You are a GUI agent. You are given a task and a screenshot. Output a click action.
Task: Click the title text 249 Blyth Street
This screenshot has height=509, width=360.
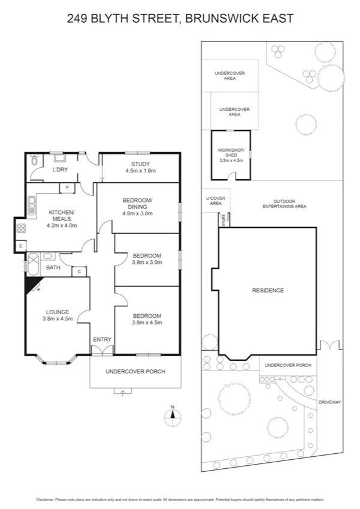(180, 19)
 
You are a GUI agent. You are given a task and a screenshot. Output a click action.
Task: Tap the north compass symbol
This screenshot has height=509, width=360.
(173, 416)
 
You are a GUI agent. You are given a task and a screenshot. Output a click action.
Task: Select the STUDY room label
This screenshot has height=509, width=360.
(140, 164)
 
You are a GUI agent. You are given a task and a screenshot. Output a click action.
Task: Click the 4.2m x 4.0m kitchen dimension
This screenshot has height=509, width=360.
(62, 225)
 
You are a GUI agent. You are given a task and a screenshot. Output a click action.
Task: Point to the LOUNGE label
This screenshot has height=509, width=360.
(58, 311)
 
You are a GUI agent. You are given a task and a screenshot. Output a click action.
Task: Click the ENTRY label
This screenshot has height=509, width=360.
(102, 340)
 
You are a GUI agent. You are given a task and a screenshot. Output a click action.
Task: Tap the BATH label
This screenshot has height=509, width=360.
(53, 267)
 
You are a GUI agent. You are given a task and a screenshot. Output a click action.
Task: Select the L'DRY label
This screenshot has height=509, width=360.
(60, 170)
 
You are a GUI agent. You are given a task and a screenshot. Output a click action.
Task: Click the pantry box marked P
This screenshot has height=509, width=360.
(67, 188)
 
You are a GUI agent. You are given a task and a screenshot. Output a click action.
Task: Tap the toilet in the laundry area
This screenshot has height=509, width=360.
(34, 161)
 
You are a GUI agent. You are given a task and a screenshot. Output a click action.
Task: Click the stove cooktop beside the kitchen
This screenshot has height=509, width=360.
(20, 228)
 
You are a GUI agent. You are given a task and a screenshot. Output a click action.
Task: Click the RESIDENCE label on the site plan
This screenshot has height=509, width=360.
(267, 290)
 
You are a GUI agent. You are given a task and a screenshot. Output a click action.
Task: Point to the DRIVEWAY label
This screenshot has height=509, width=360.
(329, 402)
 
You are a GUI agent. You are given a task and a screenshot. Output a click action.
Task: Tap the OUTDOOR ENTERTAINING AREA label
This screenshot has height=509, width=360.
(285, 203)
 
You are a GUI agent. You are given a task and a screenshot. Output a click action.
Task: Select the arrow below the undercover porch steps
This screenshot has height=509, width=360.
(123, 392)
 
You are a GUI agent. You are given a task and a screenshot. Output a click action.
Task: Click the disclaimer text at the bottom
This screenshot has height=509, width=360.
(180, 499)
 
